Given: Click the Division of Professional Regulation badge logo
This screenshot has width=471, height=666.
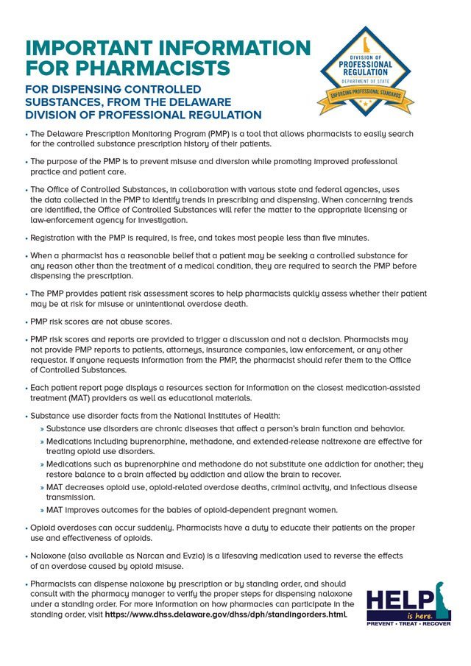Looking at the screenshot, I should tap(365, 71).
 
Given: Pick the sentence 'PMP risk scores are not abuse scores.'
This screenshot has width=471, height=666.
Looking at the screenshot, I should tap(101, 321).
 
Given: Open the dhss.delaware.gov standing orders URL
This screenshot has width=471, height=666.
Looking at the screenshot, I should tap(226, 614).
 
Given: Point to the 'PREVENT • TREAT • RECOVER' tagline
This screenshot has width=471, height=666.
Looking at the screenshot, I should tap(408, 623).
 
